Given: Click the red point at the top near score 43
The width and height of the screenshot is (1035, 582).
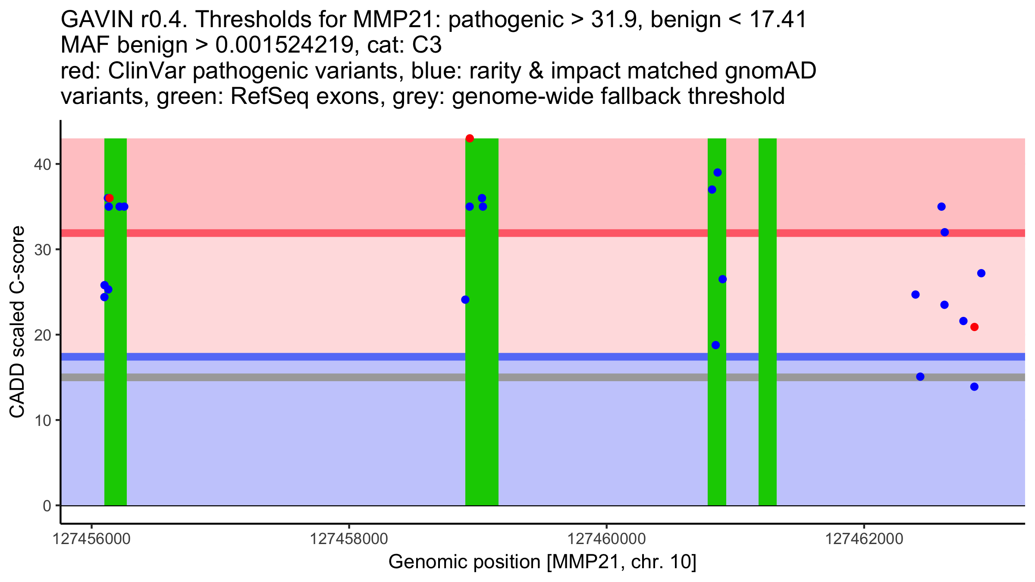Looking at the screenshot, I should click(470, 138).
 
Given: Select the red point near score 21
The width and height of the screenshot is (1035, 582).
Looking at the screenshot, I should click(974, 327).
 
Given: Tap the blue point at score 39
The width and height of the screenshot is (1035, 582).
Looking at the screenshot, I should click(718, 172).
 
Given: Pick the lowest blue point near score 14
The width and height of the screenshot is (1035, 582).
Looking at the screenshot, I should click(974, 387).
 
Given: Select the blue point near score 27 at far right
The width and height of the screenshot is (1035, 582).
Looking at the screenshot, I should click(981, 273).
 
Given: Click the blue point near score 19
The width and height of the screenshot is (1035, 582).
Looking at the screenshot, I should click(715, 345).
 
